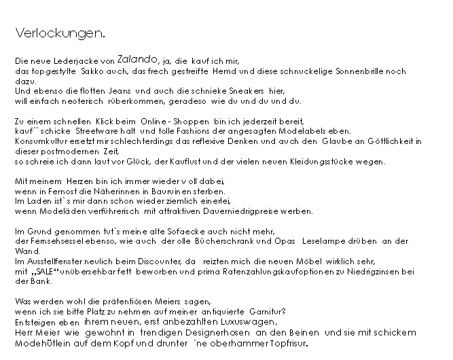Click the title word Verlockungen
[x=60, y=33]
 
